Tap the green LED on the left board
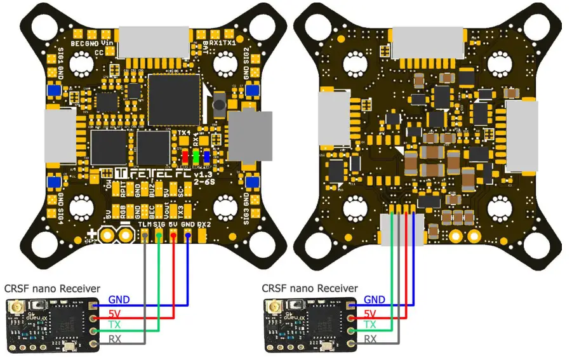pos(196,157)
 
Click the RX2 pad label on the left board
pos(203,224)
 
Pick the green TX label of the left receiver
pos(116,324)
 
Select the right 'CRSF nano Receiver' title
pos(309,288)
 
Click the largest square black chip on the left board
pos(173,98)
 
